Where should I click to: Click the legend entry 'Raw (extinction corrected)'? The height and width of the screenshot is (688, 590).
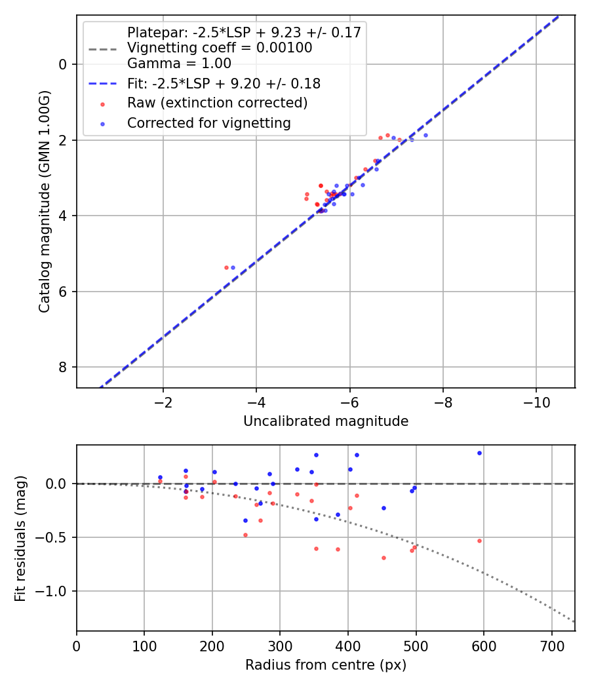tap(217, 103)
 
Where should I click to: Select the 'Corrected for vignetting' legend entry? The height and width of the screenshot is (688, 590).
tap(208, 123)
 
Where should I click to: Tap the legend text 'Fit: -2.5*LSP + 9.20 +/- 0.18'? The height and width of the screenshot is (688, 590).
tap(224, 84)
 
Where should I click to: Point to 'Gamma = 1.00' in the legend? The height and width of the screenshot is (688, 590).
tap(179, 64)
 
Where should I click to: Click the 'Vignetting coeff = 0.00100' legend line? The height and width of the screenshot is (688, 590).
tap(220, 48)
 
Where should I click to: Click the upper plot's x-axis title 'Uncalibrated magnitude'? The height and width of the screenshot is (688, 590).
tap(326, 421)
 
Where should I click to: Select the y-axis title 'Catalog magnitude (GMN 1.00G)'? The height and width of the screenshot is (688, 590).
tap(44, 201)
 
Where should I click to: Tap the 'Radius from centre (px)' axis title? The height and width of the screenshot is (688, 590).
tap(326, 665)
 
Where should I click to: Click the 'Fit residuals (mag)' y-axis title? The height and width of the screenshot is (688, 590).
tap(20, 538)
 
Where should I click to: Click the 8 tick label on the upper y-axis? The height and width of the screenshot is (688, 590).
tap(63, 368)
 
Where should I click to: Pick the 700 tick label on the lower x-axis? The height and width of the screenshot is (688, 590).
tap(551, 647)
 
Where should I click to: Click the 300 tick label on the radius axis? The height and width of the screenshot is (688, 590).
tap(280, 647)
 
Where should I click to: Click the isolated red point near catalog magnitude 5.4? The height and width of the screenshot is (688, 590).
tap(226, 267)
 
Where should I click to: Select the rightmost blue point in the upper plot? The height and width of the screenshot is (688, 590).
tap(425, 136)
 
